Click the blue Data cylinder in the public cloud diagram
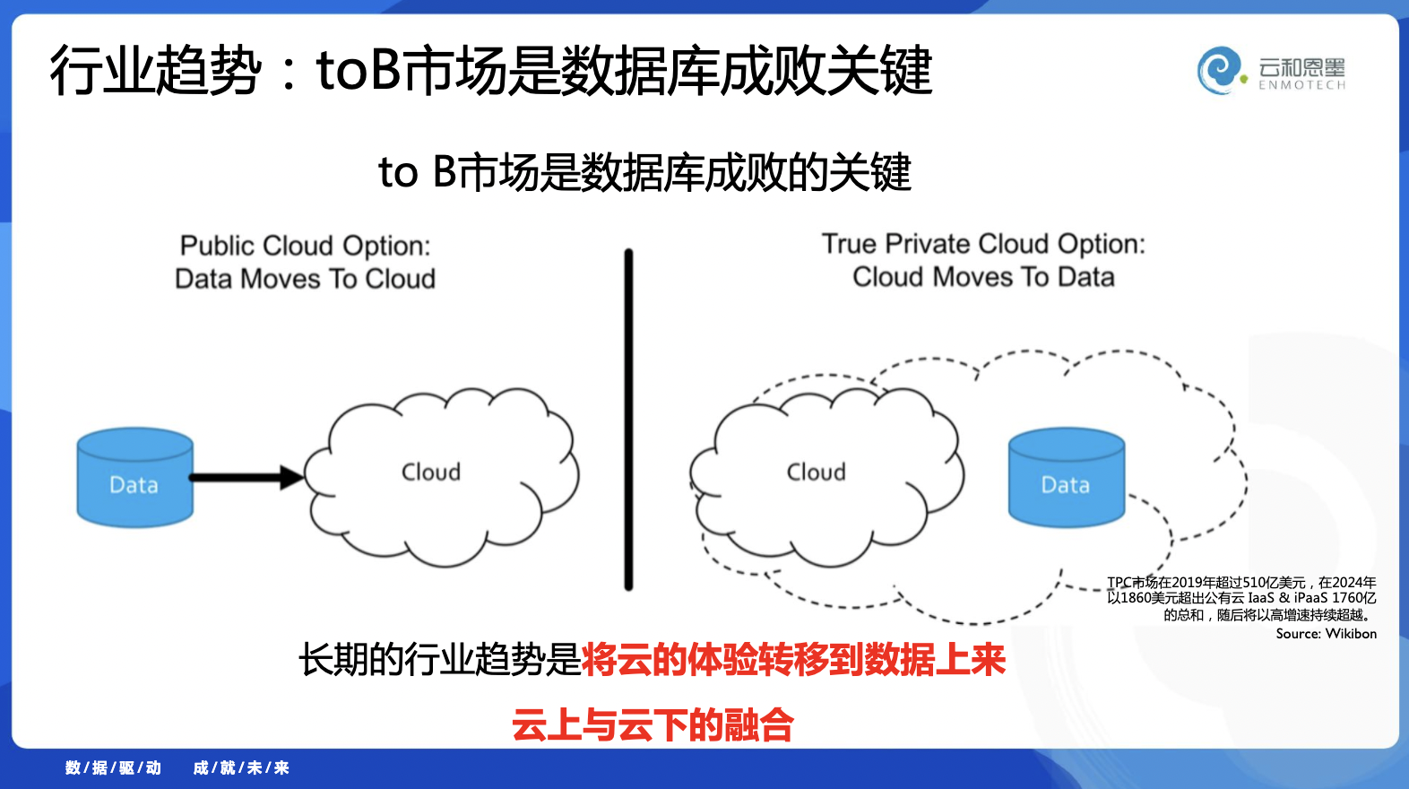[134, 478]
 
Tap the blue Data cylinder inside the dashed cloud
[1067, 478]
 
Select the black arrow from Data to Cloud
[246, 478]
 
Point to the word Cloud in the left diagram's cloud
[431, 472]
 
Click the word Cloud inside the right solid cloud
[816, 472]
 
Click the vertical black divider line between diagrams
[628, 420]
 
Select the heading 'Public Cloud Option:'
[305, 246]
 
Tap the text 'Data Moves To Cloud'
[305, 279]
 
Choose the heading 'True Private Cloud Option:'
[984, 244]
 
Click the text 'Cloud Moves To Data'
[984, 277]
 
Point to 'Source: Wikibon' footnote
[1326, 634]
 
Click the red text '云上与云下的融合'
[653, 724]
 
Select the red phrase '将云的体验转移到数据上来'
[794, 660]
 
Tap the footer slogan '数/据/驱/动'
[113, 767]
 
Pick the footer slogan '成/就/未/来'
[241, 767]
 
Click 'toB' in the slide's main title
[358, 70]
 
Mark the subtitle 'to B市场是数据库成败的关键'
[644, 172]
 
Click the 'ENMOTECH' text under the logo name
[1301, 85]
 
